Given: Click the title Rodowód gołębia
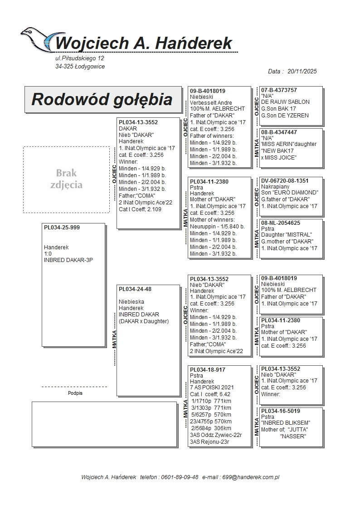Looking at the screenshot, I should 102,100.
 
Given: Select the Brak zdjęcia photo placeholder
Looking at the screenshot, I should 66,179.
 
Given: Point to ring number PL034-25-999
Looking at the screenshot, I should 62,228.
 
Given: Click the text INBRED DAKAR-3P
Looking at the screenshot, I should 68,260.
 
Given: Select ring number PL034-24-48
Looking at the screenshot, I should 135,289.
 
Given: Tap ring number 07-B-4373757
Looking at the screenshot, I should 279,90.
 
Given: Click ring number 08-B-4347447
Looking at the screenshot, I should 279,132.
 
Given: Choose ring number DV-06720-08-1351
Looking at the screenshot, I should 285,181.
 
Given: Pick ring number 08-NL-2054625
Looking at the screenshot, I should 280,223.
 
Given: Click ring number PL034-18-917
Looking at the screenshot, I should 208,370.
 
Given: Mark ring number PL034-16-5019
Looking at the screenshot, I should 280,411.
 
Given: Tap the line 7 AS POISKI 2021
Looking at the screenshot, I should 212,388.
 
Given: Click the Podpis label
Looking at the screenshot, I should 75,393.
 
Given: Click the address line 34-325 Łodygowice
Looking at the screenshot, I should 80,67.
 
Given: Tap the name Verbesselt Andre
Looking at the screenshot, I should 211,103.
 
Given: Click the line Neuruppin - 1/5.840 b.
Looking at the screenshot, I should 217,227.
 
